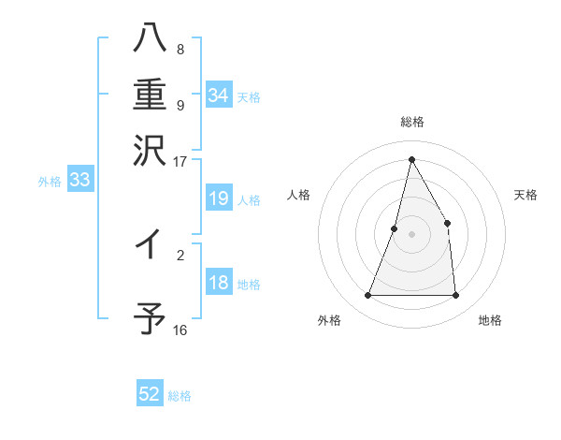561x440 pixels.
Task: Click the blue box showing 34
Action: tap(219, 95)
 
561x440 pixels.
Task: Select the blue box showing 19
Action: tap(219, 198)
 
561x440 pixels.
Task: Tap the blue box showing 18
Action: tap(219, 284)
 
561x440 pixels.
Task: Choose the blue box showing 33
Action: tap(79, 181)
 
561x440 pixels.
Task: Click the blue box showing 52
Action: tap(150, 394)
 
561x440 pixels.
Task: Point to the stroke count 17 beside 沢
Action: tap(180, 160)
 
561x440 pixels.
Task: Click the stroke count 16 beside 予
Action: tap(180, 330)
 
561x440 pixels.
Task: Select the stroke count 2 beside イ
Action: tap(180, 253)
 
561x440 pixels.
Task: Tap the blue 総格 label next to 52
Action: tap(180, 396)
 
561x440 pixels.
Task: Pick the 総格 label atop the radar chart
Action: tap(411, 122)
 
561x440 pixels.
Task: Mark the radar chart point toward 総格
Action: tap(411, 158)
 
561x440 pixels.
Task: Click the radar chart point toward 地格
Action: tap(456, 296)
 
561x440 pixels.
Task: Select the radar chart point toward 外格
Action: tap(367, 296)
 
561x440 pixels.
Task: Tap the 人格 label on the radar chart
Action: tap(298, 195)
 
